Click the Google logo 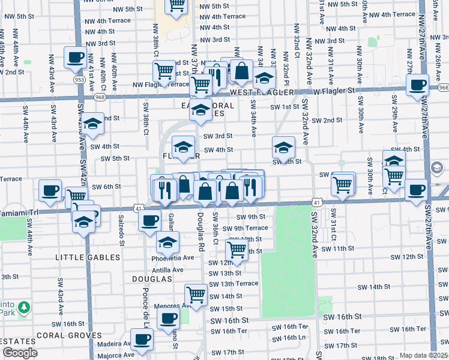click(20, 353)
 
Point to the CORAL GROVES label click(68, 335)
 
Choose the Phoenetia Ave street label click(174, 258)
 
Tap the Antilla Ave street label click(167, 270)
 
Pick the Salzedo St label click(121, 231)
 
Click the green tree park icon click(23, 308)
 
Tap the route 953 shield click(79, 79)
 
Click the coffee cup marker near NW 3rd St click(76, 58)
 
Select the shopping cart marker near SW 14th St click(196, 295)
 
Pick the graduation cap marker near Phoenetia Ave click(168, 242)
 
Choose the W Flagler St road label click(334, 92)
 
